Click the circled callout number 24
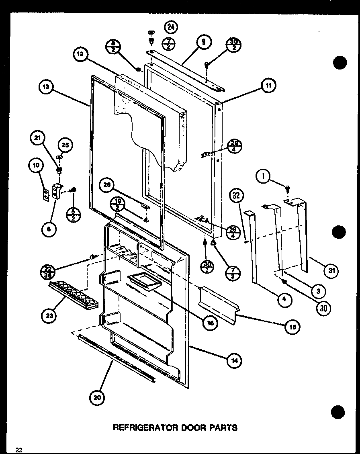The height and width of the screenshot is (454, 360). (171, 27)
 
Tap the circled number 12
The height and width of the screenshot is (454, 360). (81, 55)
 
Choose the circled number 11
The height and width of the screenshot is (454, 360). (268, 85)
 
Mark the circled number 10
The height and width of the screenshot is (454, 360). (35, 166)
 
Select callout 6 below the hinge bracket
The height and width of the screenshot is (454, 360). (49, 229)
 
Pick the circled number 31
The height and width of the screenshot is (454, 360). (331, 271)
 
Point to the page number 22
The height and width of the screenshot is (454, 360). (19, 449)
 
